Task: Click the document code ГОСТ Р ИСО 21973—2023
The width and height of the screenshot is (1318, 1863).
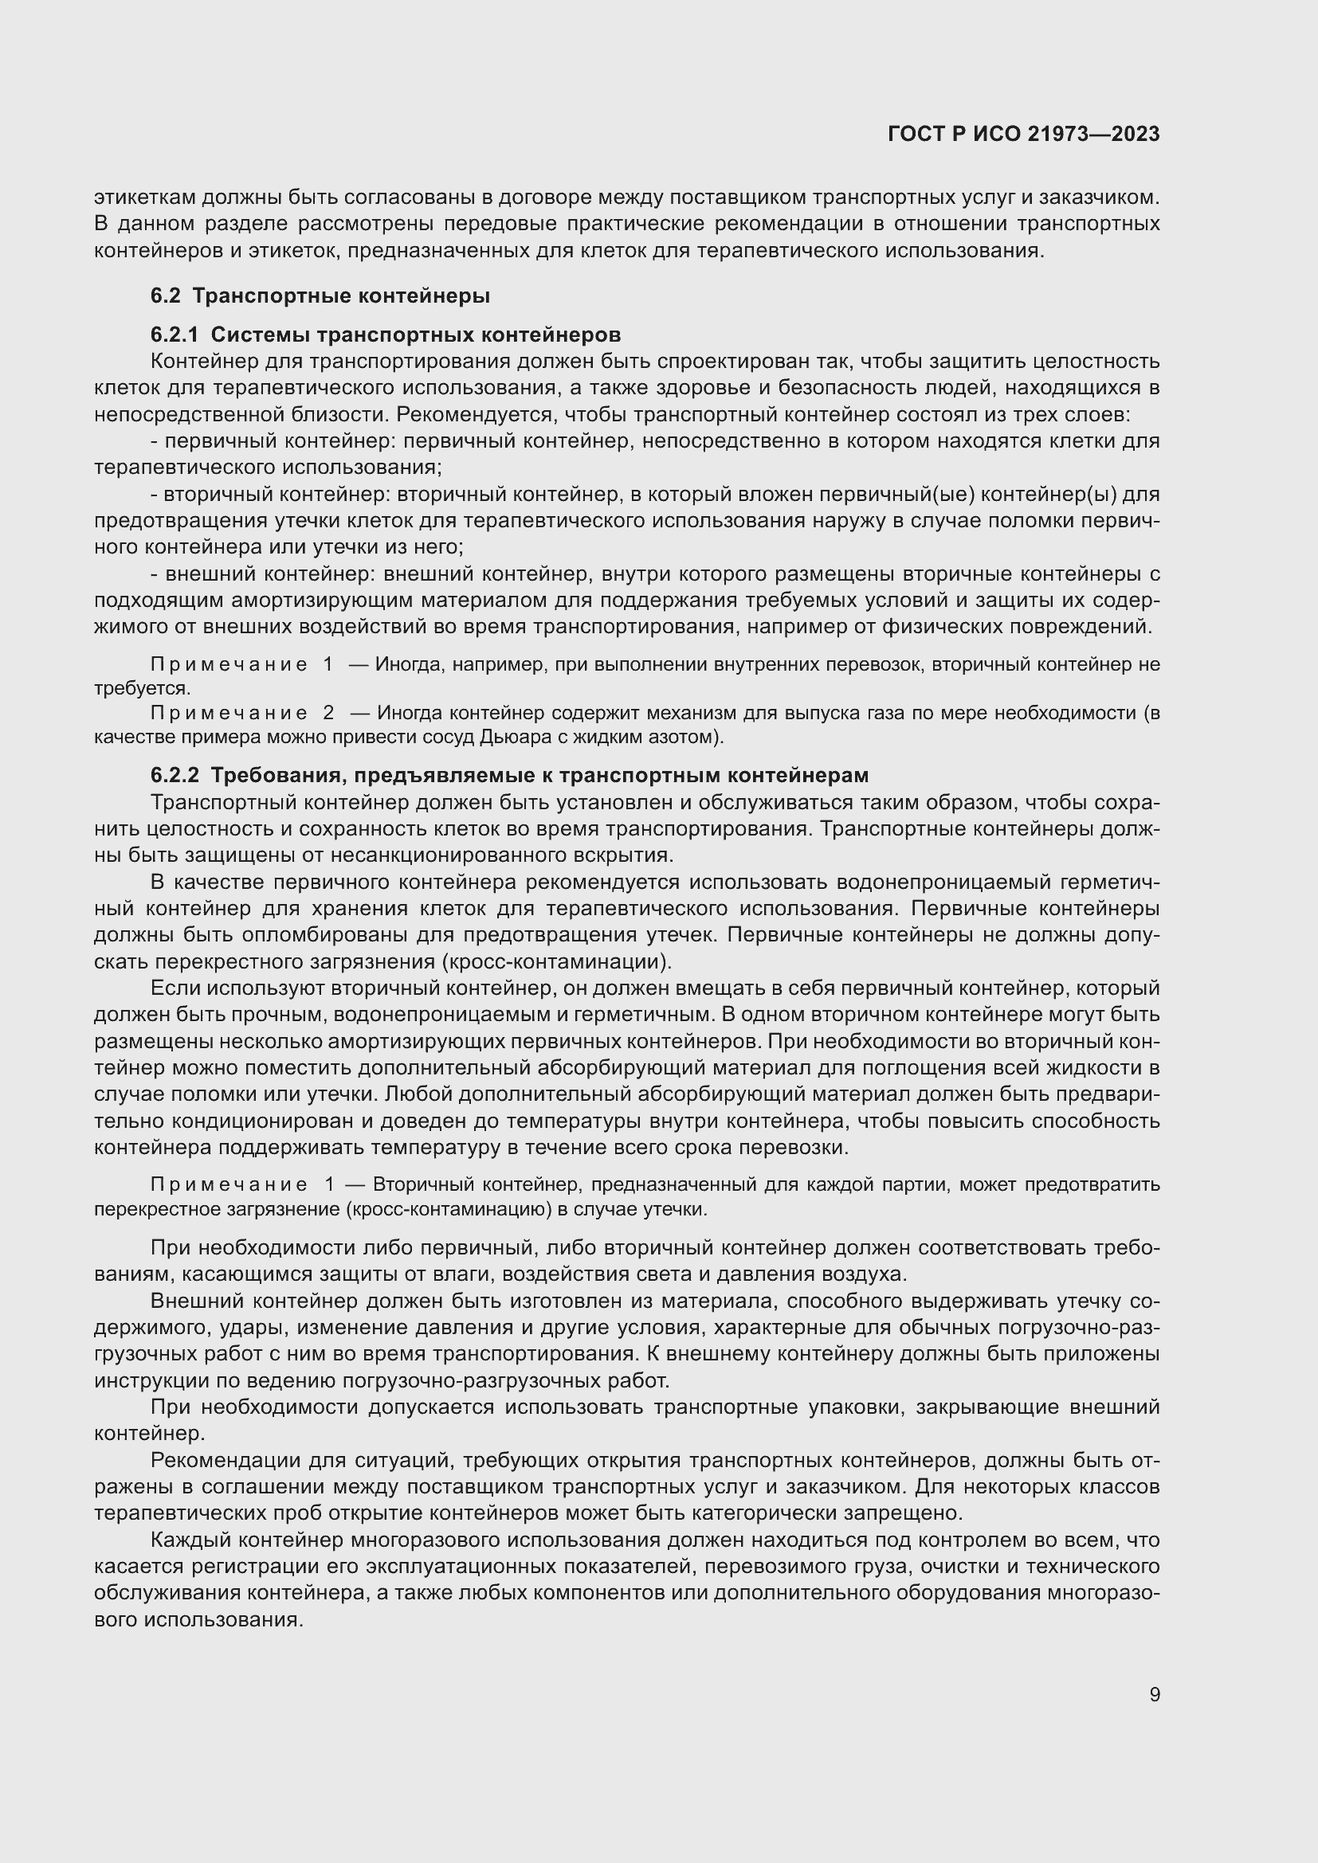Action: (x=1023, y=134)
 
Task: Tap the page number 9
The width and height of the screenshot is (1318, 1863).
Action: (x=1154, y=1695)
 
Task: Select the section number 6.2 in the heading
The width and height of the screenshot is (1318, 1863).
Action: (x=165, y=295)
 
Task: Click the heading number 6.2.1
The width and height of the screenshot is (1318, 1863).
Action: (x=174, y=335)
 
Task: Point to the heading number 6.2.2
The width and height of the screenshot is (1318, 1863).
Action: (x=174, y=775)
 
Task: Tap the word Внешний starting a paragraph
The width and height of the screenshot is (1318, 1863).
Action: (x=197, y=1301)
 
